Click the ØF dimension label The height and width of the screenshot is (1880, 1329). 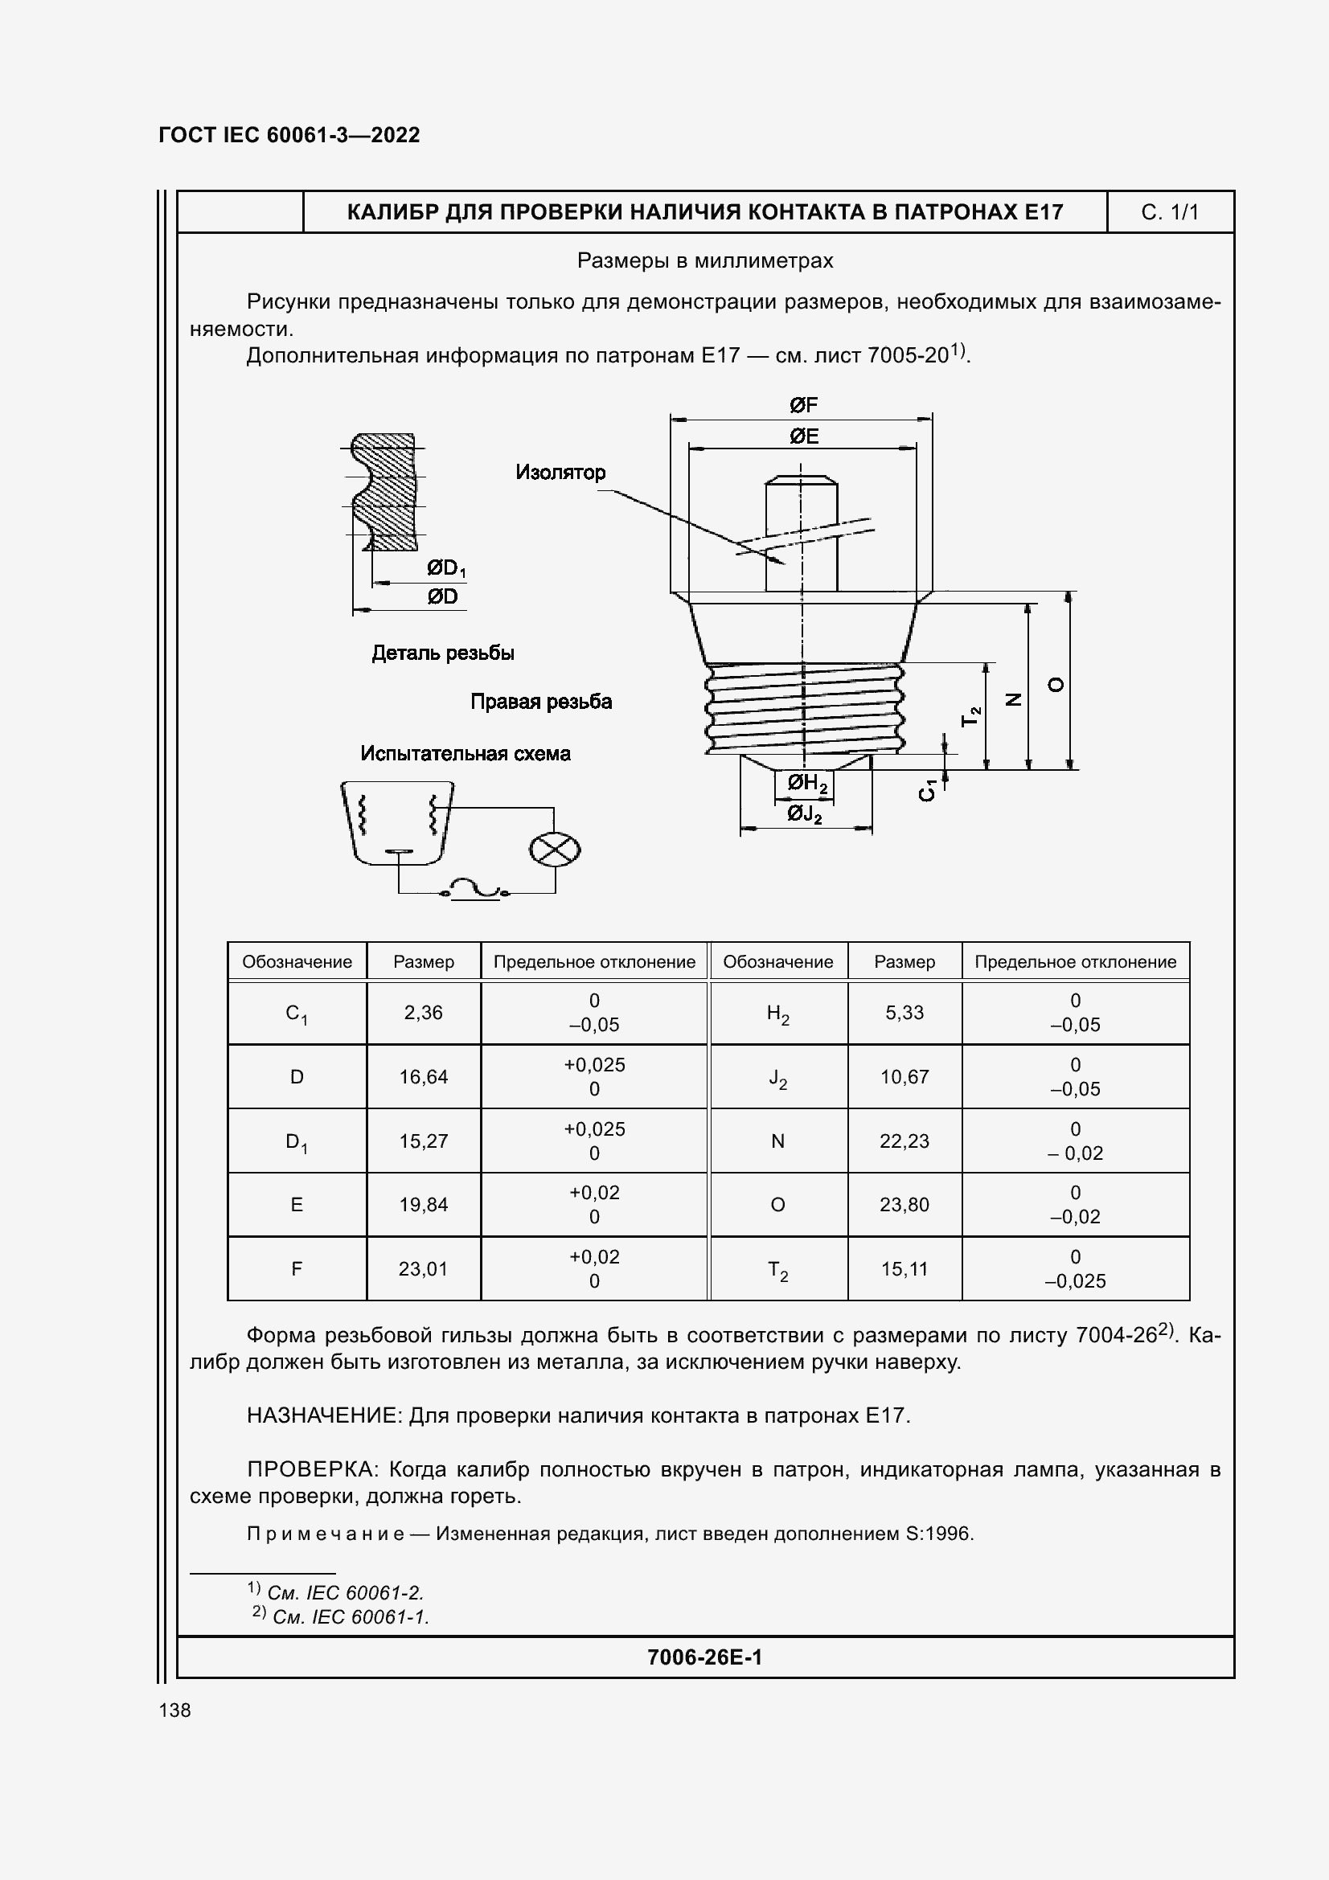pos(803,405)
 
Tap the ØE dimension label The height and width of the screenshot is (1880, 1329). pos(803,436)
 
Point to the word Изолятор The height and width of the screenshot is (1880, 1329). pos(560,473)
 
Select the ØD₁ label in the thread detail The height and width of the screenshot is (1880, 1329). pos(445,568)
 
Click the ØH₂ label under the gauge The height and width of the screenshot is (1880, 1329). pos(806,784)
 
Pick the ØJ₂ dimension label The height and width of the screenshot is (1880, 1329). pos(804,814)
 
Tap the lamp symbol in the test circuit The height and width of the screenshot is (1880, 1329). pos(555,850)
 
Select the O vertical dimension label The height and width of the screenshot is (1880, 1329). pos(1056,685)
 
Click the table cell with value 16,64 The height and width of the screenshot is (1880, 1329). pos(424,1077)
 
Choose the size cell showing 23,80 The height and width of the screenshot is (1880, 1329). pos(904,1205)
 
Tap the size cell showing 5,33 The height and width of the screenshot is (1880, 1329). pos(904,1013)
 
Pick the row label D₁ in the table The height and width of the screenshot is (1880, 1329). pos(297,1141)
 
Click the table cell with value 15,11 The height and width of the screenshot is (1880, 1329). pos(904,1269)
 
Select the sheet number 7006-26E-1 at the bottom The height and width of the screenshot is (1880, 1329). pos(704,1657)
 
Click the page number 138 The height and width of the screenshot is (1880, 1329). pos(175,1710)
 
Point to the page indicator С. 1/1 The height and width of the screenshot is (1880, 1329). pos(1169,213)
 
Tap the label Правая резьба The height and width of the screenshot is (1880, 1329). pos(540,702)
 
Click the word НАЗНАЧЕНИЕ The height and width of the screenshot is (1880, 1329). pos(324,1415)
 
